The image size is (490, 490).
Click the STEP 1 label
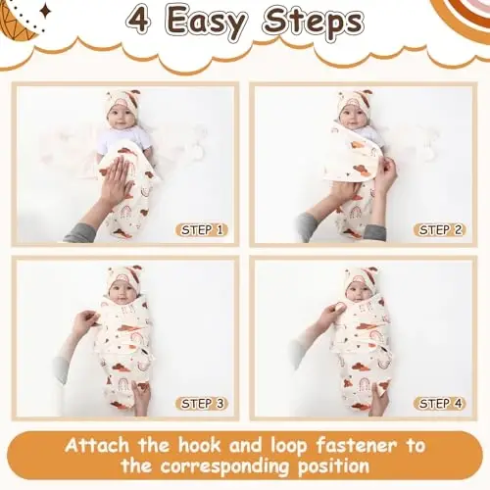click(x=202, y=230)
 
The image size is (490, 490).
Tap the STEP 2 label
click(x=440, y=230)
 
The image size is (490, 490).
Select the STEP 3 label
click(x=202, y=403)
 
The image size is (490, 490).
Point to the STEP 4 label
click(x=440, y=403)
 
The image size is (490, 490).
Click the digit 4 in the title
click(x=139, y=21)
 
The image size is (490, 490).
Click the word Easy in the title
click(x=207, y=23)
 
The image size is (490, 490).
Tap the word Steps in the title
click(x=313, y=23)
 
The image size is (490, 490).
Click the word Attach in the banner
click(x=97, y=446)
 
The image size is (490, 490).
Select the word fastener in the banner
click(x=357, y=446)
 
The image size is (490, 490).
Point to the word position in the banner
click(x=333, y=465)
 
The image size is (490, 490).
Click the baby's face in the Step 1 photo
click(x=122, y=117)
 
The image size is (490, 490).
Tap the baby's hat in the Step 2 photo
click(x=354, y=100)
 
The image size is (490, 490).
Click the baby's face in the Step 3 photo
click(x=122, y=292)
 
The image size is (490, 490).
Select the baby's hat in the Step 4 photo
click(x=361, y=277)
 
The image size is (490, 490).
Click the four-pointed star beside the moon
click(x=45, y=12)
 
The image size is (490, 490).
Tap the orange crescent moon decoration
click(x=17, y=22)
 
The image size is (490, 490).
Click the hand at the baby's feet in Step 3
click(x=141, y=397)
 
